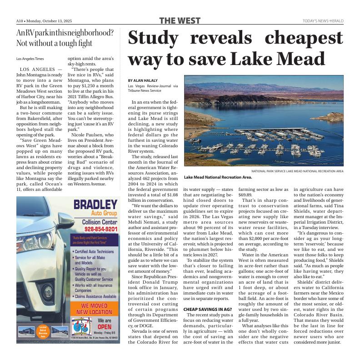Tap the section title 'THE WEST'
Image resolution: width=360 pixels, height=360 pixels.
(x=180, y=21)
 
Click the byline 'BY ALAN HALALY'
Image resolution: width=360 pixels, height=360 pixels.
(x=142, y=80)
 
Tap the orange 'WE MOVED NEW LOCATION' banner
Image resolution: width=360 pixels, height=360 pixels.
(x=95, y=309)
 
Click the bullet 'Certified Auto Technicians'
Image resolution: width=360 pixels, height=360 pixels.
(x=94, y=251)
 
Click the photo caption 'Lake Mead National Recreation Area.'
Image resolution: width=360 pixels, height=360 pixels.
(x=218, y=177)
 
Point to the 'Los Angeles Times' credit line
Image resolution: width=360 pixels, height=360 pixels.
(x=30, y=59)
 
